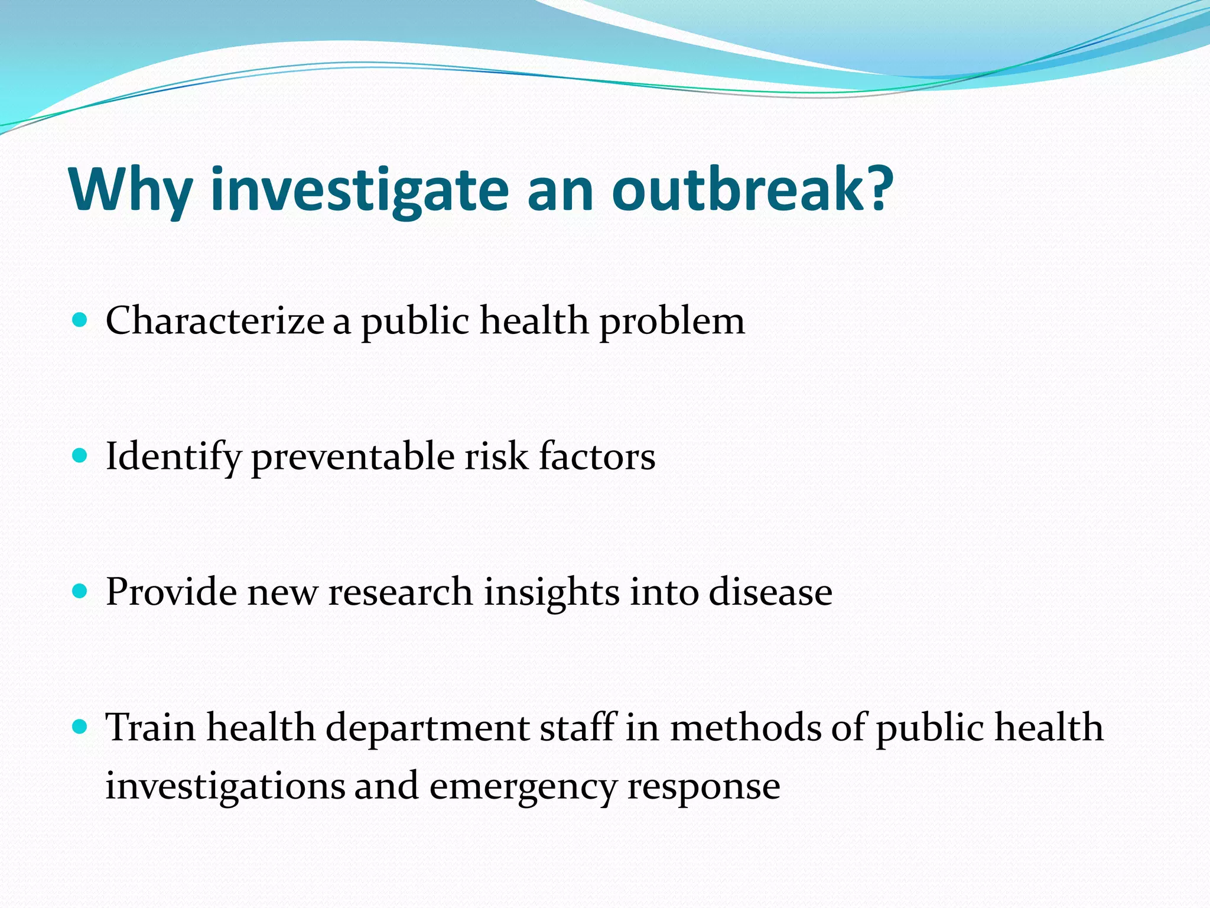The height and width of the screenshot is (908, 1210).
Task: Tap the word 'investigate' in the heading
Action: coord(359,190)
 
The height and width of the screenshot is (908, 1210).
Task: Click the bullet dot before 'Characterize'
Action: coord(79,321)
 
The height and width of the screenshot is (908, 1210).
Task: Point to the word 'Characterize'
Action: coord(215,321)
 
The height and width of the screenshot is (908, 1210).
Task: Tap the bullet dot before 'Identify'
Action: coord(79,456)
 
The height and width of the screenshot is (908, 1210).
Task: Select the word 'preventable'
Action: coord(353,458)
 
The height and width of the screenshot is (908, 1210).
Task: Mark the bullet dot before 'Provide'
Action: coord(79,592)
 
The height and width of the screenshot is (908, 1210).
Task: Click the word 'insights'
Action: coord(552,593)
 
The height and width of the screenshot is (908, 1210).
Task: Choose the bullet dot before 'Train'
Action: coord(79,727)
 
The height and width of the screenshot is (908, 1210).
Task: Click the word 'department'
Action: coord(427,728)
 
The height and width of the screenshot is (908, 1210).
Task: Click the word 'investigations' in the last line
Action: coord(225,787)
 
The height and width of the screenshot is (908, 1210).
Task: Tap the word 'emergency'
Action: coord(523,789)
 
